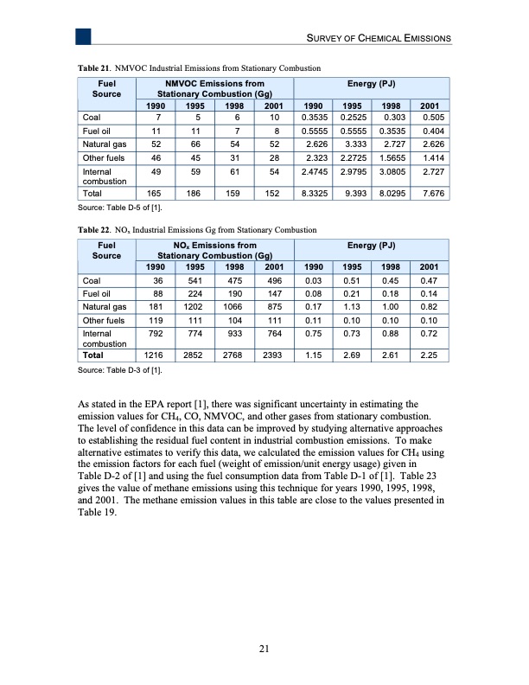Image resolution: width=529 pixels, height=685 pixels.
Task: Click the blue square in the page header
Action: tap(83, 36)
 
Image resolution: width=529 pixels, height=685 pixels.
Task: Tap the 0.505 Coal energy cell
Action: tap(435, 116)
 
